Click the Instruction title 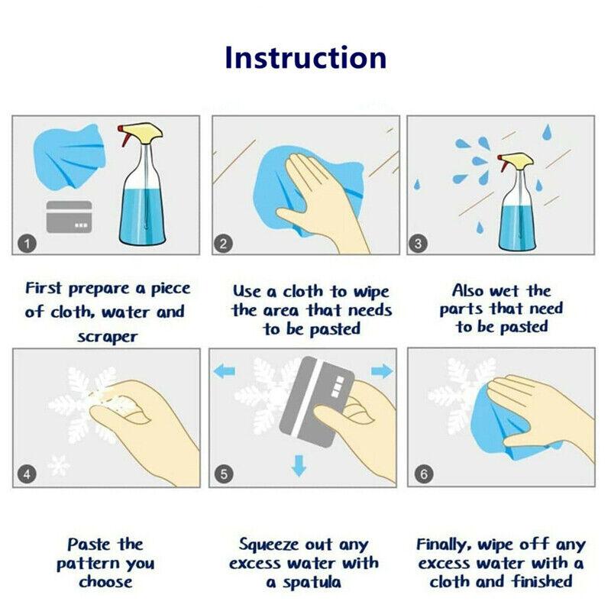click(x=306, y=58)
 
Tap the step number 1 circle click(x=27, y=244)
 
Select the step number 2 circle click(x=223, y=244)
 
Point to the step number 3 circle click(x=418, y=244)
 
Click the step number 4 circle click(x=27, y=474)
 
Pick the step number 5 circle click(x=224, y=474)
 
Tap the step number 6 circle click(x=424, y=474)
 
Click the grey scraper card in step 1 click(x=69, y=217)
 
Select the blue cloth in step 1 click(x=70, y=157)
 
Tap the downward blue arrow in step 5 click(x=299, y=465)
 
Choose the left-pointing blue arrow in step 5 click(x=225, y=371)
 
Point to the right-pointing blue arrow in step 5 click(x=382, y=371)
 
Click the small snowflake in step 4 click(x=59, y=464)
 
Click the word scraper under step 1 click(x=108, y=337)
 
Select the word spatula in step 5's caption click(x=312, y=582)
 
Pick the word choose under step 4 click(x=105, y=582)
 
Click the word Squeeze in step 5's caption click(x=269, y=545)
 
